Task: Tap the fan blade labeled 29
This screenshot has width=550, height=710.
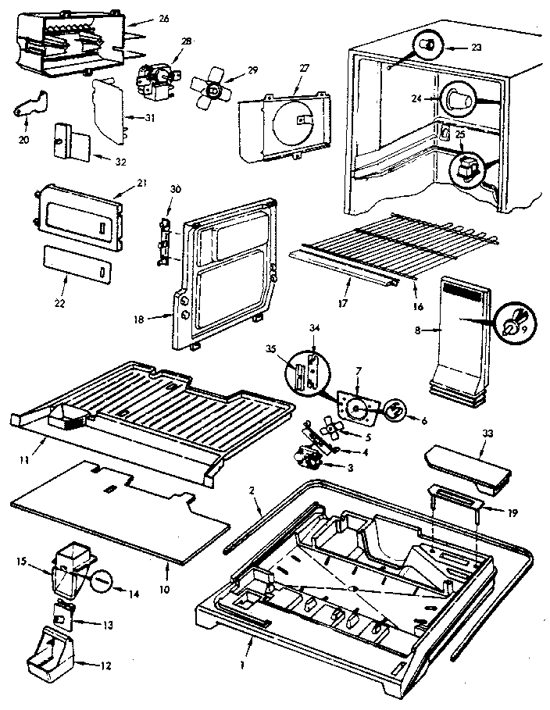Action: click(210, 87)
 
